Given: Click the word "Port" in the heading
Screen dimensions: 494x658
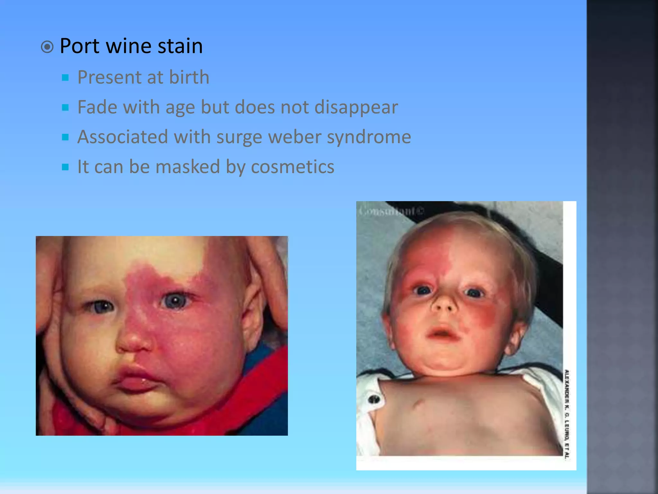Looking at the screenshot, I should (x=79, y=46).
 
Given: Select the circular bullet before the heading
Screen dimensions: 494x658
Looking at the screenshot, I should (x=47, y=47).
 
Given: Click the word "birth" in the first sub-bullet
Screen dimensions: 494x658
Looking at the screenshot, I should (x=189, y=77).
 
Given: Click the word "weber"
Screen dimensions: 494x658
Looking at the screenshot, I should (x=295, y=137).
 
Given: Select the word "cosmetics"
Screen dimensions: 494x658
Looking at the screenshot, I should (x=292, y=167).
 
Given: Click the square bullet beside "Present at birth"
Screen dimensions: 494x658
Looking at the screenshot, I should (x=66, y=78).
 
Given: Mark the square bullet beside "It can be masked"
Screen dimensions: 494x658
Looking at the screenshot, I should (x=66, y=167).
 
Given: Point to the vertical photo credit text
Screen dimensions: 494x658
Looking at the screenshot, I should (x=567, y=413).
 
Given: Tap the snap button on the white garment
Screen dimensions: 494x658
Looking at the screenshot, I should (x=374, y=399).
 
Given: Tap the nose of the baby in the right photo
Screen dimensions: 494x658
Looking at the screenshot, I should (x=444, y=304).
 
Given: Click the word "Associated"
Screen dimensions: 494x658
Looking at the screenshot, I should (x=123, y=137).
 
